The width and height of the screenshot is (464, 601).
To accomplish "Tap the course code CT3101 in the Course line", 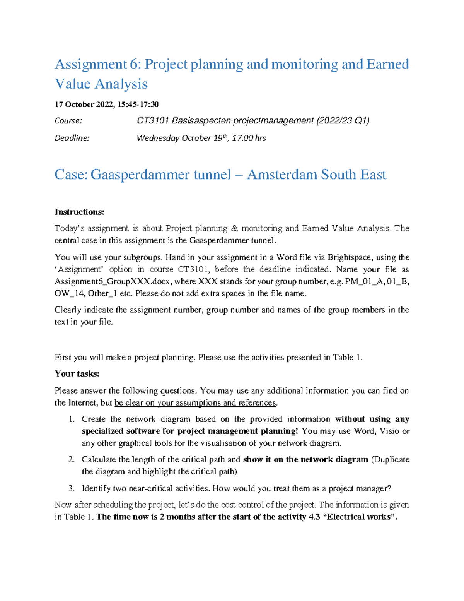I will point(153,121).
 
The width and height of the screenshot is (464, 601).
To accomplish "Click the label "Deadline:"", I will point(72,138).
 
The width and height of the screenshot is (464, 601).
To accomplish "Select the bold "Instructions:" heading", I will point(79,212).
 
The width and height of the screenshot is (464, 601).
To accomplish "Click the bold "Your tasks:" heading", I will point(77,373).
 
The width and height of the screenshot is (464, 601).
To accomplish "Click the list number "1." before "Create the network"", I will point(71,419).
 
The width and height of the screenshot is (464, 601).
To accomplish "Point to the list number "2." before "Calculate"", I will point(71,459).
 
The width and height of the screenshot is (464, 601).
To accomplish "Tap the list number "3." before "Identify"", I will point(71,488).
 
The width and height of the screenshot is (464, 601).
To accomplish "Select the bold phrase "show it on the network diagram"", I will point(305,459).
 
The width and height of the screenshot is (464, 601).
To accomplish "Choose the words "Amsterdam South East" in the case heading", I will point(316,175).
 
